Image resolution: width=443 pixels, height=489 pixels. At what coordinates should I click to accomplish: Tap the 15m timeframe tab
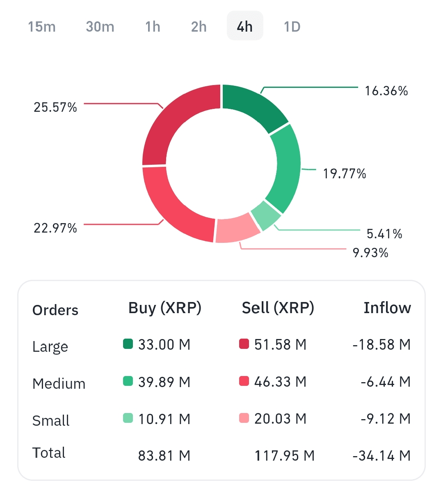tap(42, 27)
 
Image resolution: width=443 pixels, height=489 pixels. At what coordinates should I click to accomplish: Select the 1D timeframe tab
tap(292, 27)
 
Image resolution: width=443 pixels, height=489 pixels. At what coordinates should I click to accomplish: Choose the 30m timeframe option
tap(100, 27)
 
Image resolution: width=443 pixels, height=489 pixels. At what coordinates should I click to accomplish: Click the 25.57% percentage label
tap(55, 107)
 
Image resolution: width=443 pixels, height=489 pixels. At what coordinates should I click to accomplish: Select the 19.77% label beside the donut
tap(345, 174)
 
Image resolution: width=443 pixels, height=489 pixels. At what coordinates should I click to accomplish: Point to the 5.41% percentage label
tap(384, 234)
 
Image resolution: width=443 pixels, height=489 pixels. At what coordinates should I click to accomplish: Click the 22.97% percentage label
tap(55, 228)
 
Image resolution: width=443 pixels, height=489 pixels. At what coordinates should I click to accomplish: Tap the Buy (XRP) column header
tap(165, 308)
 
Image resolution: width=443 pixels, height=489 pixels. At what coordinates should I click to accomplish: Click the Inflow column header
tap(387, 308)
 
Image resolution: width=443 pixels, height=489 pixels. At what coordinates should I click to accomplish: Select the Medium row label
tap(59, 384)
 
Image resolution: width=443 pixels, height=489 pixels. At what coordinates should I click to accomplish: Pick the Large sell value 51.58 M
tap(280, 344)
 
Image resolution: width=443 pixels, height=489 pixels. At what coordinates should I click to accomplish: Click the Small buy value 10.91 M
tap(164, 419)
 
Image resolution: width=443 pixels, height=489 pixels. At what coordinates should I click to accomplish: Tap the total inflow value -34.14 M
tap(381, 456)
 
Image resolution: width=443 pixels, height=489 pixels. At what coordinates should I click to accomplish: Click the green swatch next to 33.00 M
tap(128, 344)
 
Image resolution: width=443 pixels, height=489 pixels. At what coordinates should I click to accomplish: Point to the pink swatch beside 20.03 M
tap(244, 418)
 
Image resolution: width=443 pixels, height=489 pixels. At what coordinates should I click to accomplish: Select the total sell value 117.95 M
tap(284, 456)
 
